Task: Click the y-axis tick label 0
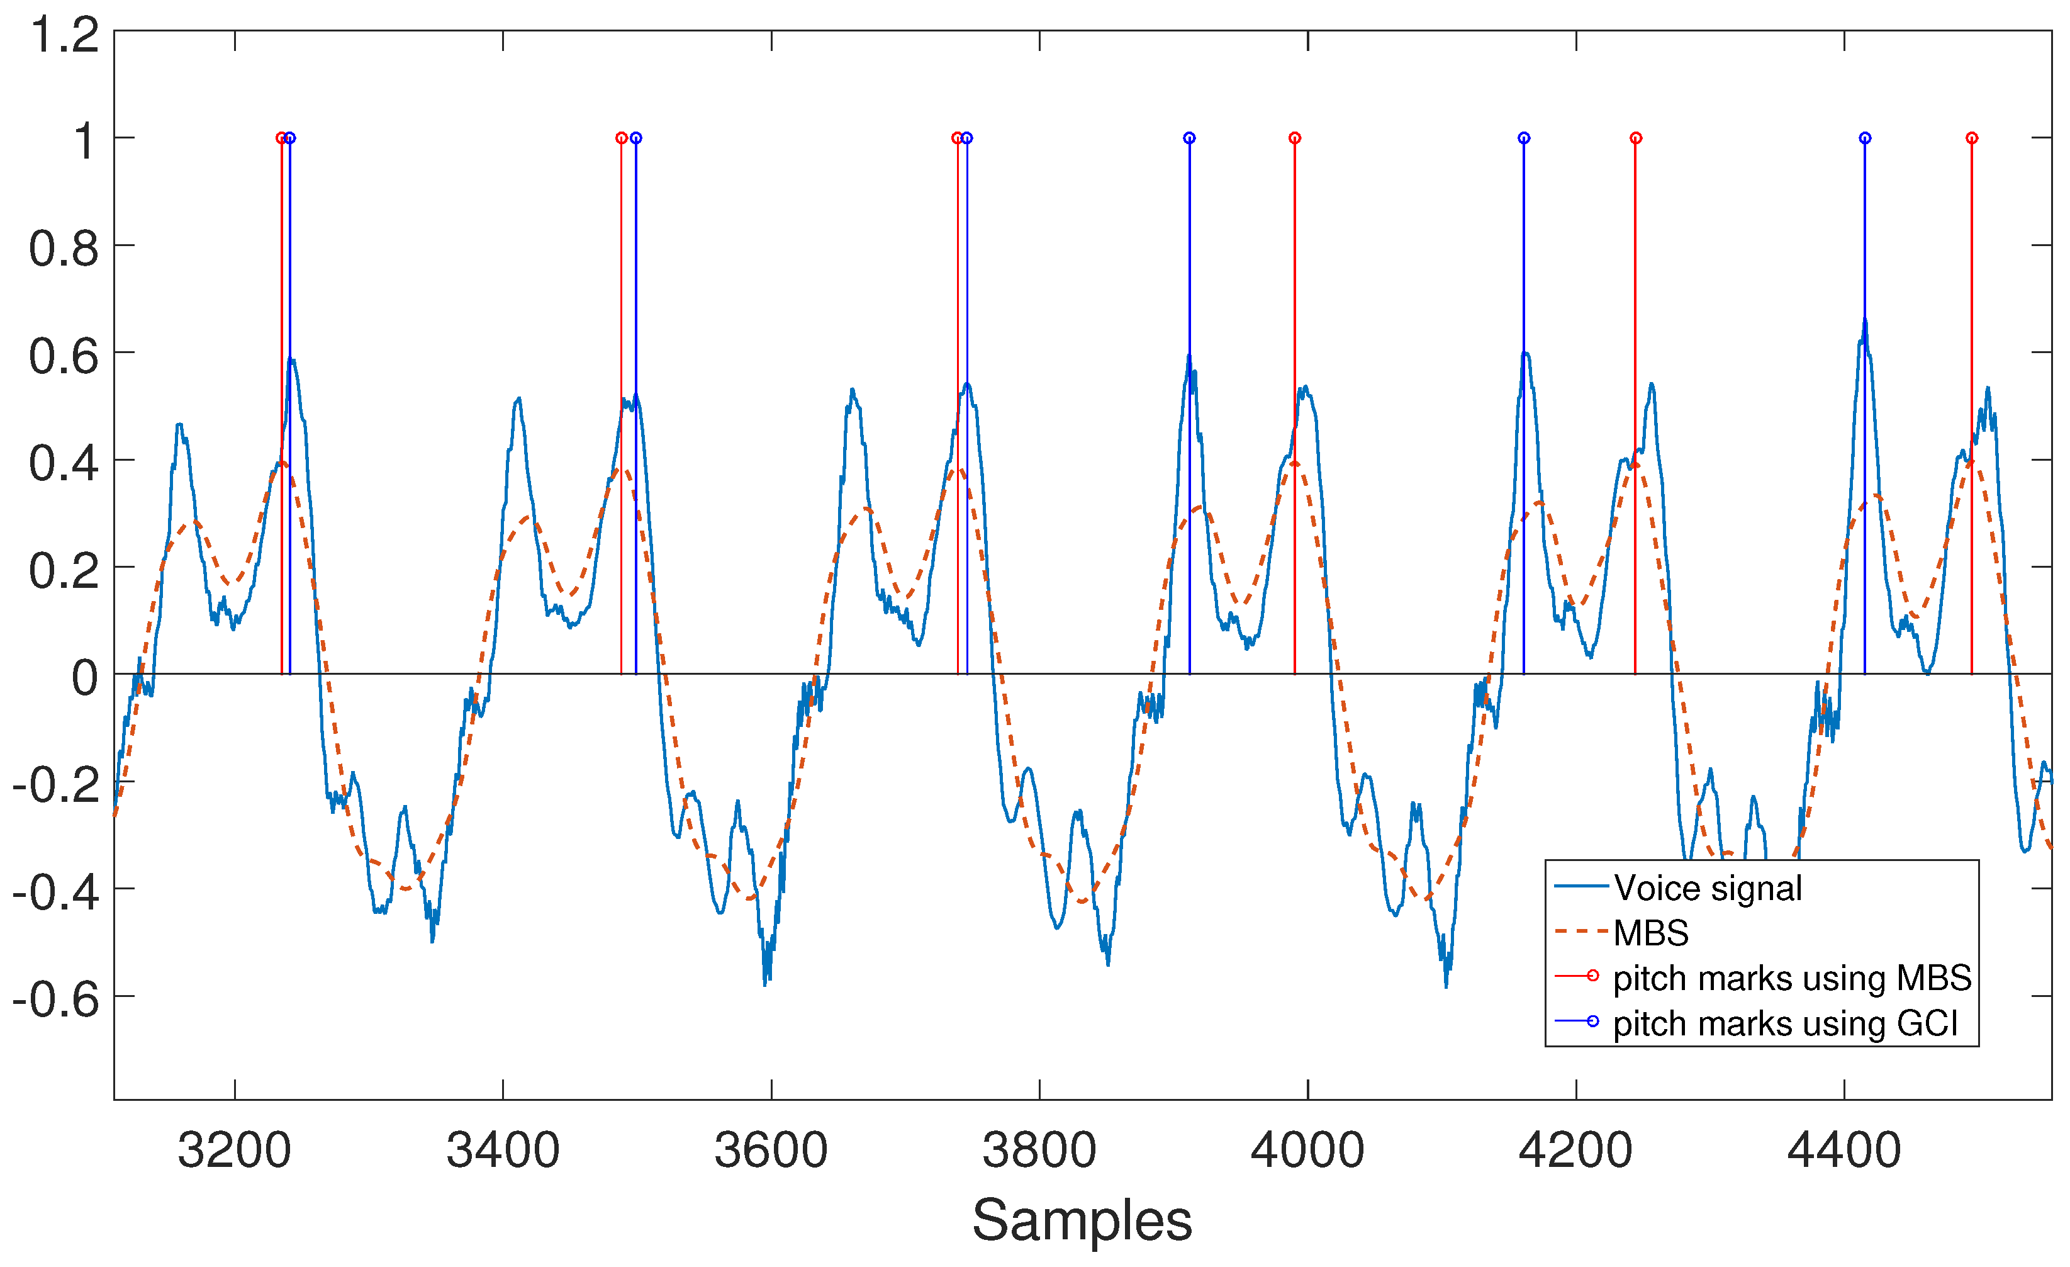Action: pos(84,678)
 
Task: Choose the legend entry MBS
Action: pos(1651,933)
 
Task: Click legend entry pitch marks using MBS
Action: pos(1792,979)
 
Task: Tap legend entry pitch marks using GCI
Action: pos(1785,1024)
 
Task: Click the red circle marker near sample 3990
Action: pos(1295,138)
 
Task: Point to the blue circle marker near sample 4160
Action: pos(1524,138)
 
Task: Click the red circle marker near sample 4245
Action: pos(1636,138)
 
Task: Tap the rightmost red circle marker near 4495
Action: pos(1972,138)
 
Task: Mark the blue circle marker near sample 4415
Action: pos(1865,138)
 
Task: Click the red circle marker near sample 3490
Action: pos(622,138)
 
